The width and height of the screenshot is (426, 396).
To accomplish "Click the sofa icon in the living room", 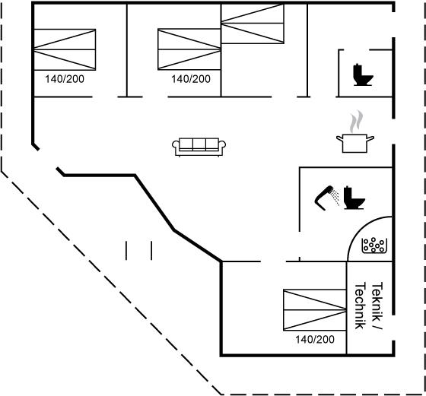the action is click(x=199, y=147).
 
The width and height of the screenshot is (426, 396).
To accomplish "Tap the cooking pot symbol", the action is click(x=355, y=143).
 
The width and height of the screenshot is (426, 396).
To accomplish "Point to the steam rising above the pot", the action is click(x=356, y=122).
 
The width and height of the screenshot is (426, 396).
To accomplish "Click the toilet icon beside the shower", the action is click(x=354, y=198).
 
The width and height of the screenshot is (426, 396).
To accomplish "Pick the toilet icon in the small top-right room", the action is click(x=363, y=74).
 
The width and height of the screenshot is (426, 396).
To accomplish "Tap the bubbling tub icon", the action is click(x=374, y=246).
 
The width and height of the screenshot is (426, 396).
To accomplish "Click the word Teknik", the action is click(x=377, y=299).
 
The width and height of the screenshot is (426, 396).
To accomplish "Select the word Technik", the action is click(x=361, y=306).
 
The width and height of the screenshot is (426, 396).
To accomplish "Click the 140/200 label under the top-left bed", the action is click(x=65, y=79).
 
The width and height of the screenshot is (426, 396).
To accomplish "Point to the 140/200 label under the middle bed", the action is click(x=191, y=79).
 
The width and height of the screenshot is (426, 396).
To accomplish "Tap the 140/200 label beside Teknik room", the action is click(x=315, y=339).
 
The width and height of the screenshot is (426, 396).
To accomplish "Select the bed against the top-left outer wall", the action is click(x=65, y=49).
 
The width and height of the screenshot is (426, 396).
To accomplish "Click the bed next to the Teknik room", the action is click(x=315, y=310).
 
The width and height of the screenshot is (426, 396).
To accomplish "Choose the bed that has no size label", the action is click(x=253, y=24).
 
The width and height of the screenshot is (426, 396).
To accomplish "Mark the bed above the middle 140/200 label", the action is click(x=189, y=49).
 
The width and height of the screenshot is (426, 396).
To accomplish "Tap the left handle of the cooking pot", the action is click(x=339, y=138).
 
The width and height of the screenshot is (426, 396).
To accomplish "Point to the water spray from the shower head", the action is click(x=335, y=197).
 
